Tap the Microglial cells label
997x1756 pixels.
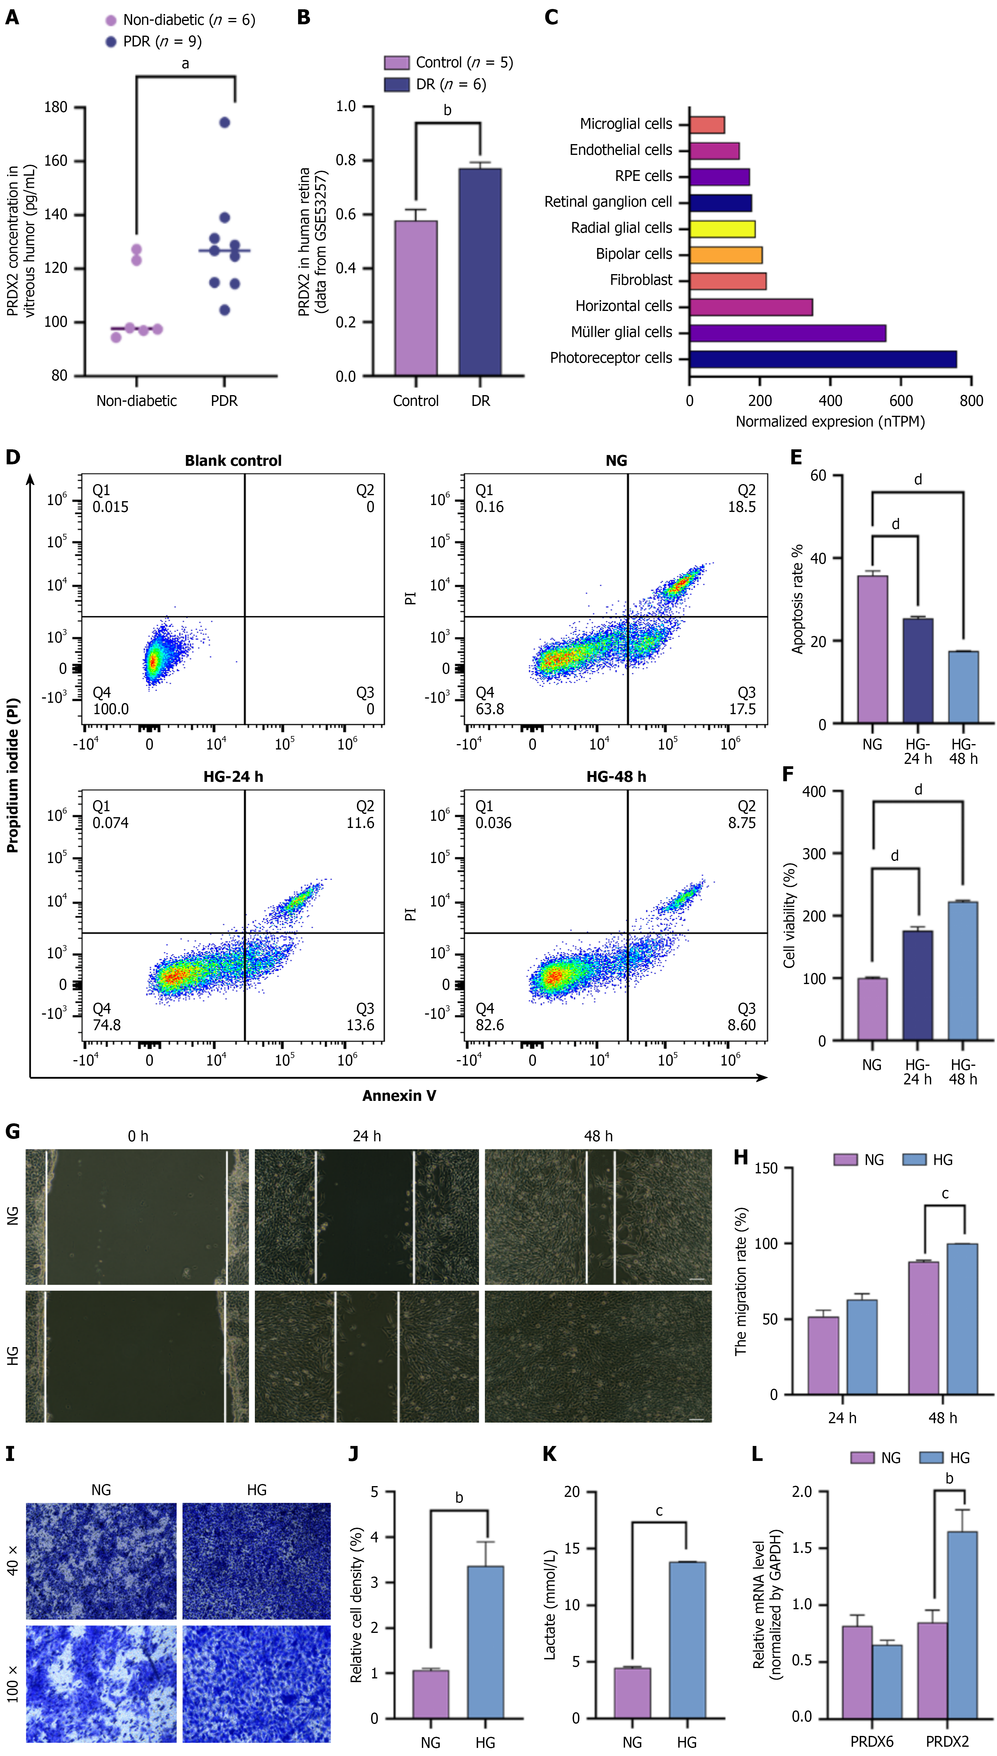click(626, 124)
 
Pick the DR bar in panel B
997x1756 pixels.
click(480, 272)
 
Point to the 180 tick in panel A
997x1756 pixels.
click(56, 108)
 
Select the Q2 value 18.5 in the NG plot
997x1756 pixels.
click(742, 507)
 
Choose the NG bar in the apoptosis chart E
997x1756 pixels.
click(872, 649)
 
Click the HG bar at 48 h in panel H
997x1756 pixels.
click(962, 1318)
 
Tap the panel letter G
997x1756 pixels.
click(12, 1131)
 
